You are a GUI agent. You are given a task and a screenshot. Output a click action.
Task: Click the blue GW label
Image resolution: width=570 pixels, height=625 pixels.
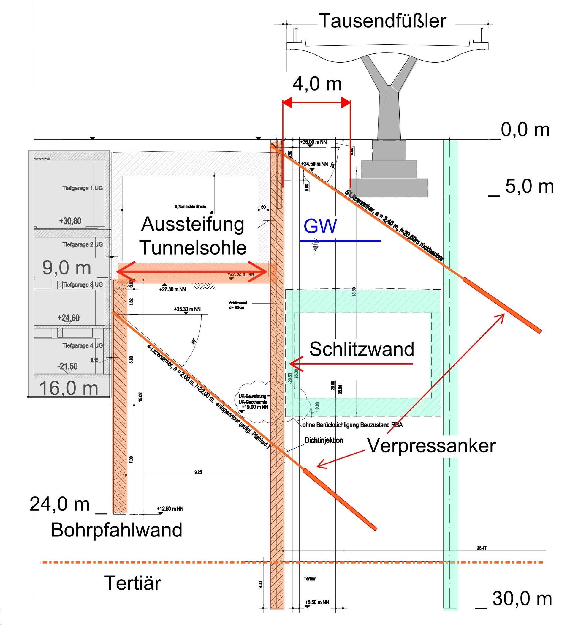320,226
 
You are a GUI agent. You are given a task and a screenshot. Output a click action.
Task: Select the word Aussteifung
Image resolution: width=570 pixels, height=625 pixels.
193,224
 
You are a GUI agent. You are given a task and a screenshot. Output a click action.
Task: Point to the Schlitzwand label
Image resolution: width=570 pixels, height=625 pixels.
362,349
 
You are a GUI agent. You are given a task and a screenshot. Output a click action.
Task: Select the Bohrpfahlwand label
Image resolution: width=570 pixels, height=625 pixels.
116,530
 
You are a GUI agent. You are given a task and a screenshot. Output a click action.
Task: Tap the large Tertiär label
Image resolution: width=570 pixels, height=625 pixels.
133,583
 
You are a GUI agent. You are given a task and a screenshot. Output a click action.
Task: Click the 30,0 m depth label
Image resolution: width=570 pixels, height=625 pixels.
522,599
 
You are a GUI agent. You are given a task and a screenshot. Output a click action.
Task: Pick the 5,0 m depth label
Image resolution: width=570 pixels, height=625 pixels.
529,187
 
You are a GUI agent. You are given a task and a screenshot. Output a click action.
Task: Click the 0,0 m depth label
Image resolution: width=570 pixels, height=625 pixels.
525,130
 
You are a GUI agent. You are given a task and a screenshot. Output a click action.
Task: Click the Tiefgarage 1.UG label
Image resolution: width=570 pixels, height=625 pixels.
83,188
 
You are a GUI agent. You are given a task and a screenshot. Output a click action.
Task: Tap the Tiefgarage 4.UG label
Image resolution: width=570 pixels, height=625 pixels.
83,345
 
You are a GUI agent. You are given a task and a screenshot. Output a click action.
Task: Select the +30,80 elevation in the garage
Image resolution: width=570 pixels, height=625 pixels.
70,221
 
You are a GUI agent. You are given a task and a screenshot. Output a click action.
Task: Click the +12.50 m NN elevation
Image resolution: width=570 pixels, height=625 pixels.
170,509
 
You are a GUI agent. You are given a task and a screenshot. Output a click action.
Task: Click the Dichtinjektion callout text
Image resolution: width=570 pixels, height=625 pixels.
324,440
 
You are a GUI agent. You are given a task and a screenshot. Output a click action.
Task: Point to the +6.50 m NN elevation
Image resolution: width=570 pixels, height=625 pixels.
316,602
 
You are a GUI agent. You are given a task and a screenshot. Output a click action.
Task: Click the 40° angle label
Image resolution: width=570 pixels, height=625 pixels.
194,341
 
